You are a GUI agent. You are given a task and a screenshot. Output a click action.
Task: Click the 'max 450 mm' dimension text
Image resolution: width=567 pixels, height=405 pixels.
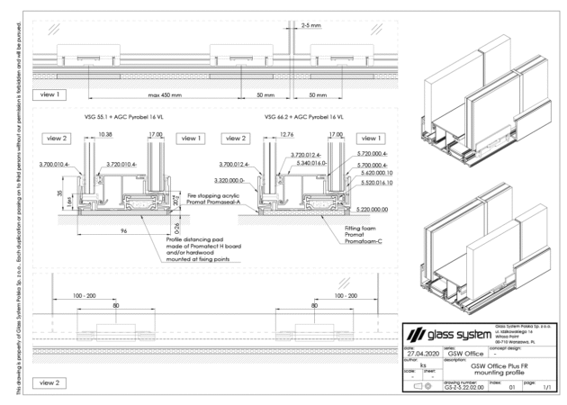[166, 94]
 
